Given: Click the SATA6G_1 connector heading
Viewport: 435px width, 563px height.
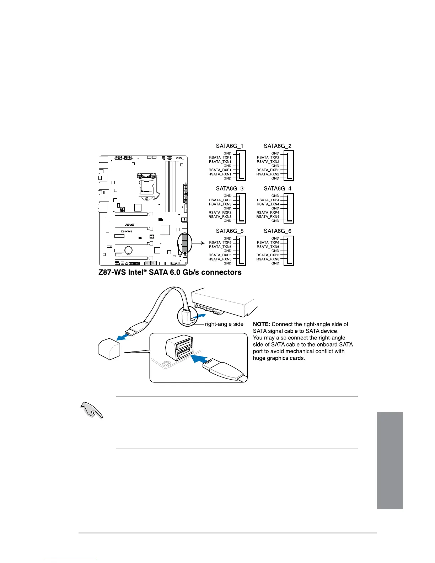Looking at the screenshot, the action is pyautogui.click(x=230, y=146).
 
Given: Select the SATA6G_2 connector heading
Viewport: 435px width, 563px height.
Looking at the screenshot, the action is pyautogui.click(x=277, y=146).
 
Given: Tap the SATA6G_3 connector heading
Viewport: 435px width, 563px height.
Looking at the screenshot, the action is pyautogui.click(x=230, y=188).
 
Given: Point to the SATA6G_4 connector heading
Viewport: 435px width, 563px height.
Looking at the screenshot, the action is pyautogui.click(x=277, y=188).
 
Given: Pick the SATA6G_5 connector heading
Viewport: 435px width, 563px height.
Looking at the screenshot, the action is pyautogui.click(x=230, y=231).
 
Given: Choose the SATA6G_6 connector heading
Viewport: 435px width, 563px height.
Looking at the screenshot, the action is pyautogui.click(x=277, y=231).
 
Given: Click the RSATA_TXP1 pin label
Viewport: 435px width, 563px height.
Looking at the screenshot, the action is pyautogui.click(x=220, y=157).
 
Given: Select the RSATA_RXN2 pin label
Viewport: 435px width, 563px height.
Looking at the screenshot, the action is pyautogui.click(x=268, y=174).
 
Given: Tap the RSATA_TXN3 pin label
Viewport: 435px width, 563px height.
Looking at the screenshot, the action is pyautogui.click(x=220, y=204).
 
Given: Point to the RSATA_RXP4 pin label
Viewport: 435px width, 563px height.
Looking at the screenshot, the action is pyautogui.click(x=268, y=213).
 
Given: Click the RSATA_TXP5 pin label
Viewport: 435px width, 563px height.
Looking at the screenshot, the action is pyautogui.click(x=220, y=242).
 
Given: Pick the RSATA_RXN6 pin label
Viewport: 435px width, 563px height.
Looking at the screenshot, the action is pyautogui.click(x=268, y=259).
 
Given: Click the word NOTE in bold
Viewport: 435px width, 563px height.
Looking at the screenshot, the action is pyautogui.click(x=262, y=324).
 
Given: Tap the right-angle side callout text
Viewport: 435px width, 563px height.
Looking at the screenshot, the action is pyautogui.click(x=224, y=324).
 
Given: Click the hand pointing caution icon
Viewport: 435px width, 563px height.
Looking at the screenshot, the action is pyautogui.click(x=92, y=411).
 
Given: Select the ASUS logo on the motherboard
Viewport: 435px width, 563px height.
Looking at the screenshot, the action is pyautogui.click(x=130, y=225).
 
